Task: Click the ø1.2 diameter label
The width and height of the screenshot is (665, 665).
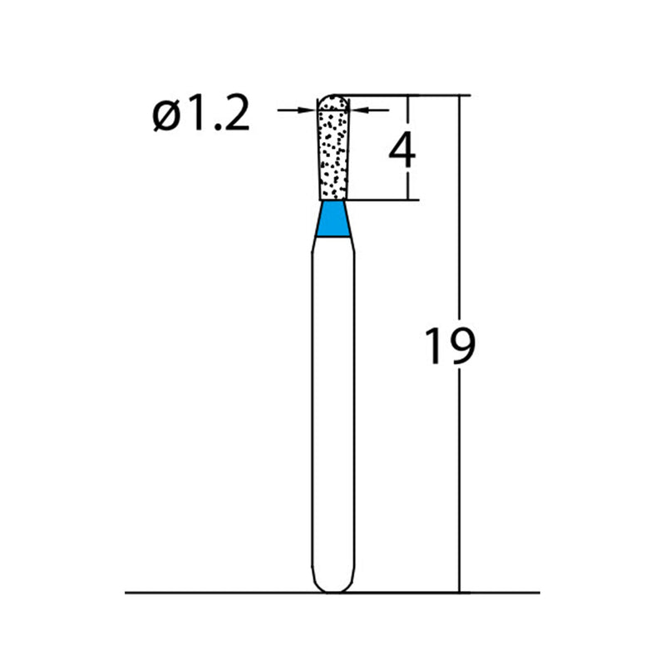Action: tap(201, 116)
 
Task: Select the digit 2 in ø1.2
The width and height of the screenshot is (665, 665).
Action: tap(233, 116)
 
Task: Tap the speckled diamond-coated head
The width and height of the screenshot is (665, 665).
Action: tap(335, 154)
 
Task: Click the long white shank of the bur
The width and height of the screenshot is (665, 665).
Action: tap(335, 399)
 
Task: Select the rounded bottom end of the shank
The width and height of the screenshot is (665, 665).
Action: tap(335, 587)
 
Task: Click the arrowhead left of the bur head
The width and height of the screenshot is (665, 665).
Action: tap(312, 109)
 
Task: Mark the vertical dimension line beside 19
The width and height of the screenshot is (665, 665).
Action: tap(458, 249)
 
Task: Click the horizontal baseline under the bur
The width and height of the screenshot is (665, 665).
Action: tap(208, 593)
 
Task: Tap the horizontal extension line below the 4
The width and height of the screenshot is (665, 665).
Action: tap(382, 200)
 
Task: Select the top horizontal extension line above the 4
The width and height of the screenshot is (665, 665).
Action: tap(399, 95)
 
